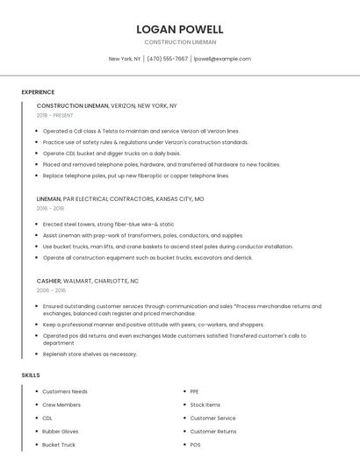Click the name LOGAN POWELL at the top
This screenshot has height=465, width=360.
[180, 29]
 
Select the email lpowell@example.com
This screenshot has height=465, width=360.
[222, 59]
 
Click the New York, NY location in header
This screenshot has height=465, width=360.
[125, 59]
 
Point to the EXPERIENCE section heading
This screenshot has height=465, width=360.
[38, 92]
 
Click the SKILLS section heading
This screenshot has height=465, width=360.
[31, 375]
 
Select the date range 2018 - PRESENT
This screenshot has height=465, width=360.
[54, 115]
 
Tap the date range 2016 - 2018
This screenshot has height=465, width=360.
[50, 209]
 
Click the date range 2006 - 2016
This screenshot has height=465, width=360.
[51, 290]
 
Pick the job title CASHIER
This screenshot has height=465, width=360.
[49, 281]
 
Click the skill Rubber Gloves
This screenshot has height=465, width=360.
[61, 432]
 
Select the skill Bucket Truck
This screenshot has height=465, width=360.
[59, 445]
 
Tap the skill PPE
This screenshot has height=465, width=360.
[194, 391]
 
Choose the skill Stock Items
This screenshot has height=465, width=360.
[205, 404]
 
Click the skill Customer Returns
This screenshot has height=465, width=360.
[213, 432]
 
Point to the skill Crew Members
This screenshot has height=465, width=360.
[61, 404]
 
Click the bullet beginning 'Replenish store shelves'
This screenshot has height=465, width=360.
[90, 354]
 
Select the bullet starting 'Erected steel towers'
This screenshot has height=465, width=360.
[108, 224]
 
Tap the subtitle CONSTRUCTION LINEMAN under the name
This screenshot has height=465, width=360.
[180, 42]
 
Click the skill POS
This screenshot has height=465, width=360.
[195, 445]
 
